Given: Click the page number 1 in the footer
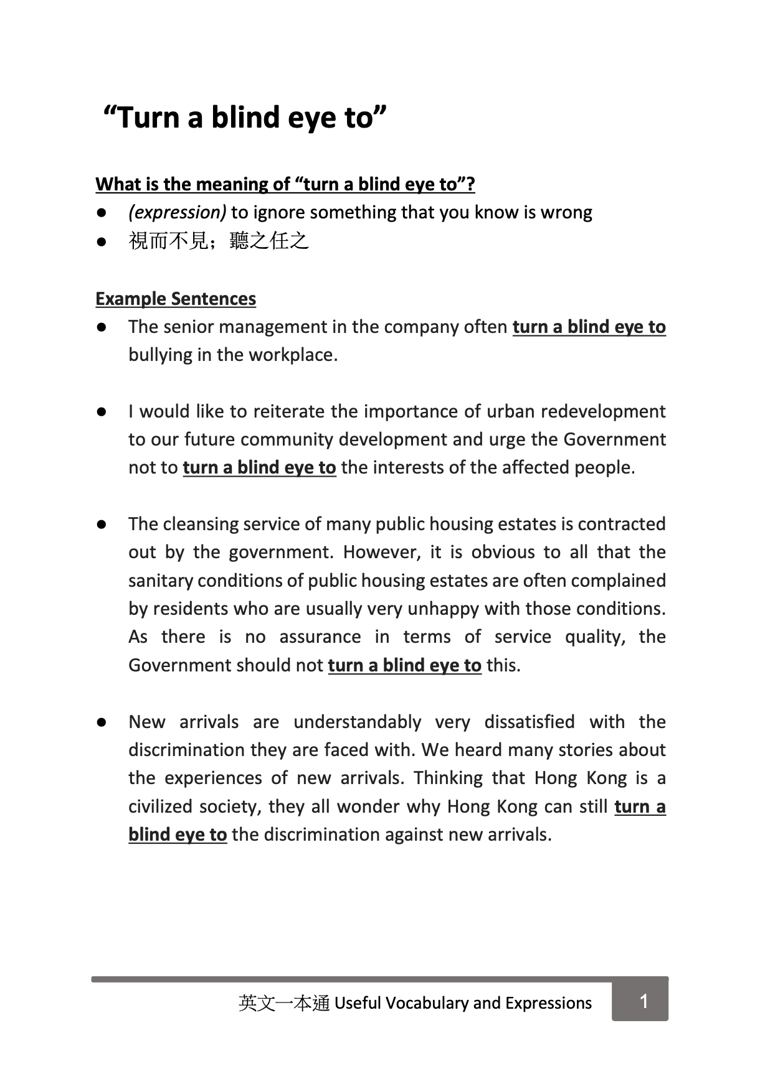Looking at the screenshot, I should [644, 1001].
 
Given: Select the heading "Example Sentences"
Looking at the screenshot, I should [176, 299].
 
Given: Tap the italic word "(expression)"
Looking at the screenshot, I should [177, 212].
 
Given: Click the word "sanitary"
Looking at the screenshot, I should [160, 581].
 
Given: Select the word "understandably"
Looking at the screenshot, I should [357, 722].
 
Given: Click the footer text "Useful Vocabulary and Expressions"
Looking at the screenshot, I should [463, 1003].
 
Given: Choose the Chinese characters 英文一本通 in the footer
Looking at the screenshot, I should [283, 1003].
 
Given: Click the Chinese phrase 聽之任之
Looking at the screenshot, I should [269, 240].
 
